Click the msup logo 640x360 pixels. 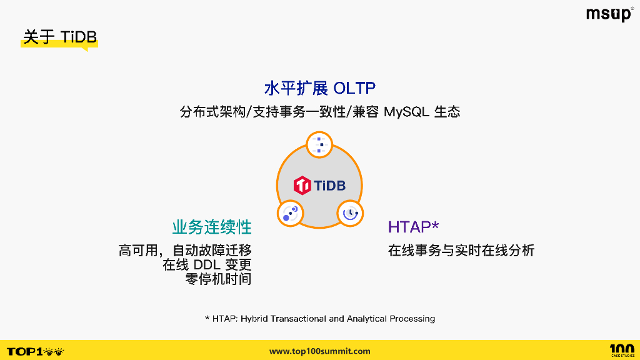pos(609,14)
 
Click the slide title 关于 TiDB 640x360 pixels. pos(60,37)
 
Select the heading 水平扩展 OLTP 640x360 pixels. pos(319,88)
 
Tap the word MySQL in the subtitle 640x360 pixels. pos(406,112)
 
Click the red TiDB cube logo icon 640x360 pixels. pos(302,185)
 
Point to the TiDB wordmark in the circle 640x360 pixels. pos(329,185)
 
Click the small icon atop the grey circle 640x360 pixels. pos(320,145)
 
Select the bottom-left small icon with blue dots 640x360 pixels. pos(290,213)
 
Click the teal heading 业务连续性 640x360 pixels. pos(212,227)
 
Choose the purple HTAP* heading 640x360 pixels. pos(413,227)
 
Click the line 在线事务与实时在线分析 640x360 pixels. pos(461,251)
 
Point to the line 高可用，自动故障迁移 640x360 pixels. pos(185,251)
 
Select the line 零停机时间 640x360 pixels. pos(218,279)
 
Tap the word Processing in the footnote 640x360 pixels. pos(412,319)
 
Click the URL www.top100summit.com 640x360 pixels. pos(319,351)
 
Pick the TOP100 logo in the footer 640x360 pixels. pos(35,351)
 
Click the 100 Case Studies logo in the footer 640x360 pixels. pos(621,350)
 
